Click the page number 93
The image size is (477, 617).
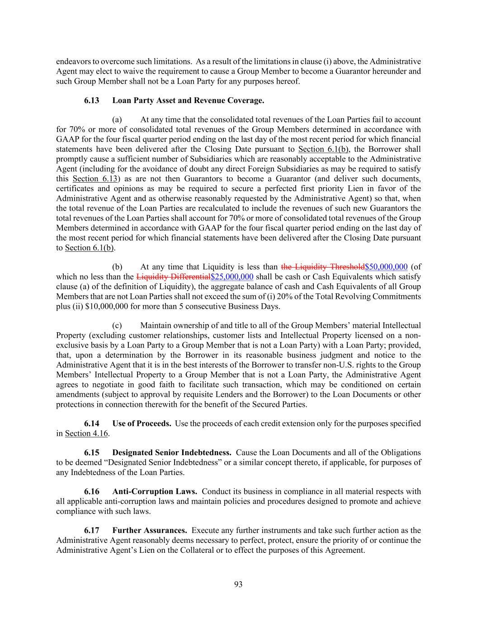pos(238,584)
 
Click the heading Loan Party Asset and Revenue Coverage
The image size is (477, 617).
pos(188,100)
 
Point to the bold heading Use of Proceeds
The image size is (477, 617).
pos(142,424)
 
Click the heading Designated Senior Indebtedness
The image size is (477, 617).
pos(172,452)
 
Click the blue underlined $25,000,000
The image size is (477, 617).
pos(232,277)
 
